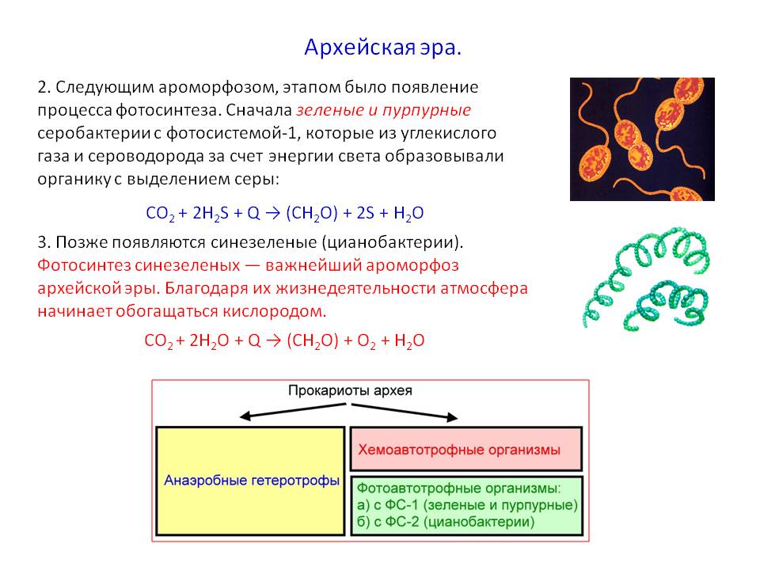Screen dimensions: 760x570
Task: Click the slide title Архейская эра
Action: tap(382, 48)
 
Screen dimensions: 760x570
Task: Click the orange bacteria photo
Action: tap(641, 139)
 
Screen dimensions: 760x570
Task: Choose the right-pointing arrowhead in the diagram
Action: tap(453, 416)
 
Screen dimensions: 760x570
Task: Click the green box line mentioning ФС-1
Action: tap(467, 505)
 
